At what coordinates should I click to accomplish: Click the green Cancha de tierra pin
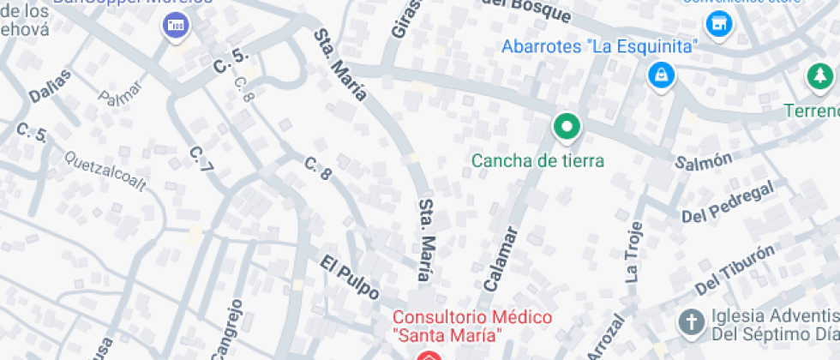[566, 129]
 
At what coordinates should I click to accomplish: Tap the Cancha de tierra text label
[538, 160]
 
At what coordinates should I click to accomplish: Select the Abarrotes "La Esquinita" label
[600, 46]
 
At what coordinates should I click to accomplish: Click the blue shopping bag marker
[661, 75]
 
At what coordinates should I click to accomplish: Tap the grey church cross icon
[690, 323]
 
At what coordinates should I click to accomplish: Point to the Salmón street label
[703, 159]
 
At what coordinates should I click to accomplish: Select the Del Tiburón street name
[735, 269]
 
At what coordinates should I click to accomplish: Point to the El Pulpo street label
[351, 277]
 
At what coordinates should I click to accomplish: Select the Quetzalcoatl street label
[105, 171]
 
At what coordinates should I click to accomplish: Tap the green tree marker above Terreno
[819, 77]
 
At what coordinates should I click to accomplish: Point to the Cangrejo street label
[225, 329]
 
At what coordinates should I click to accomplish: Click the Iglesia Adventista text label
[771, 323]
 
